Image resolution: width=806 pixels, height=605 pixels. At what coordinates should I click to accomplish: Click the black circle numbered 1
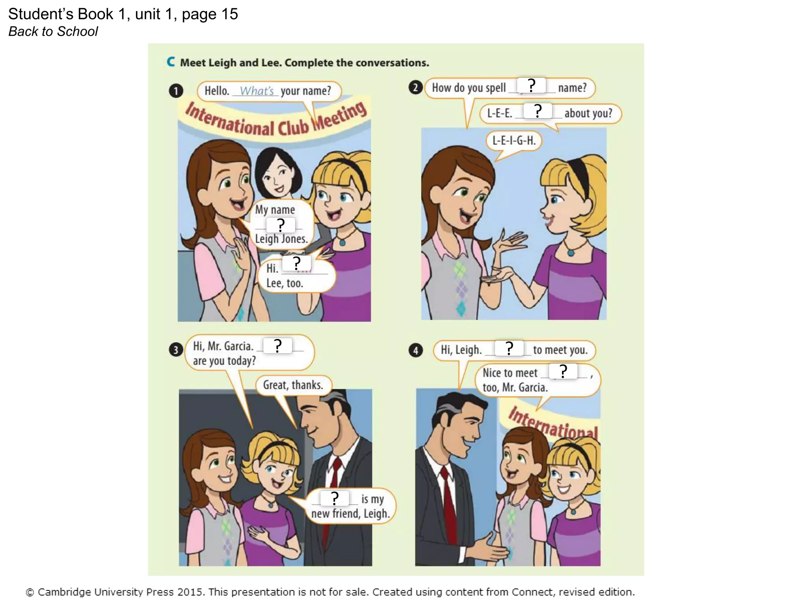tap(176, 91)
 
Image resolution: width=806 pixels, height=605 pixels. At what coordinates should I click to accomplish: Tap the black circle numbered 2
tap(416, 87)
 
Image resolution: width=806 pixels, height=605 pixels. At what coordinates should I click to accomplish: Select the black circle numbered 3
tap(176, 350)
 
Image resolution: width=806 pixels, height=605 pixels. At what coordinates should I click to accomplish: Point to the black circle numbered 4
tap(416, 350)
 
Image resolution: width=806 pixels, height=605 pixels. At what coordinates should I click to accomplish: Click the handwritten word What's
tap(257, 91)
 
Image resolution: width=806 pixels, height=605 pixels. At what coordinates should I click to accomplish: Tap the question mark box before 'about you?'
tap(538, 111)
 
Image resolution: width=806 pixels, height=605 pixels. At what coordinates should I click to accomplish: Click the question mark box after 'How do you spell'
tap(531, 85)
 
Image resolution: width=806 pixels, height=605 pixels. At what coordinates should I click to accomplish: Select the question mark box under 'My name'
tap(281, 225)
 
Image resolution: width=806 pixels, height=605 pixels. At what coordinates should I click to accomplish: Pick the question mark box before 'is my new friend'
tap(335, 498)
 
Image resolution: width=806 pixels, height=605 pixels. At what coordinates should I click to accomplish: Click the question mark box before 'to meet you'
tap(509, 348)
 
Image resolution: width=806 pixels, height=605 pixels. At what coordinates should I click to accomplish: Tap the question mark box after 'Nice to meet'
tap(563, 371)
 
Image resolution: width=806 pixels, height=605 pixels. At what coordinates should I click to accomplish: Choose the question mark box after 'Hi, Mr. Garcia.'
tap(278, 346)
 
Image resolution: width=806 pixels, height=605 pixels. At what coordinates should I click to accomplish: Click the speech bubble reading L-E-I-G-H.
tap(514, 141)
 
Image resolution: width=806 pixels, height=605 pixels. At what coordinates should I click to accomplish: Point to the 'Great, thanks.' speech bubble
tap(293, 385)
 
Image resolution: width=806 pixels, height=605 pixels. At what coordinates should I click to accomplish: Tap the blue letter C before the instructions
tap(171, 62)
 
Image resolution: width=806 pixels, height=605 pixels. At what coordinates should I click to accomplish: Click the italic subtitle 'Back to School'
tap(53, 32)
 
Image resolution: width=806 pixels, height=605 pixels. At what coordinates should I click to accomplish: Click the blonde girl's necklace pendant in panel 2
tap(571, 253)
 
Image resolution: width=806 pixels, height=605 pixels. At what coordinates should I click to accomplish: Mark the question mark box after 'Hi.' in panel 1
tap(297, 263)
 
